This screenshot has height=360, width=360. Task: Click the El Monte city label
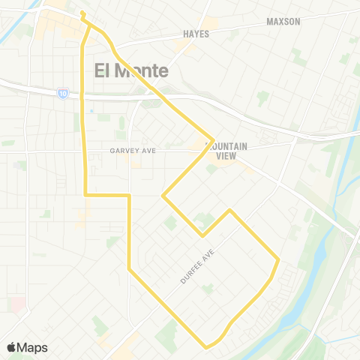point(131,71)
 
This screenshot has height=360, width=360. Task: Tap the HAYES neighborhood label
point(196,34)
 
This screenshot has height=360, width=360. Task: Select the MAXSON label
point(283,21)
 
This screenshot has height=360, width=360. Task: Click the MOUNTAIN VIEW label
point(222,151)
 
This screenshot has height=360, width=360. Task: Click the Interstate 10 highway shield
point(61,92)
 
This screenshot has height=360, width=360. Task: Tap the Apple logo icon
point(12,347)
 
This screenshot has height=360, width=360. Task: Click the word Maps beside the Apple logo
point(32,347)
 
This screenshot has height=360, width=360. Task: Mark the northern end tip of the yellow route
point(82,13)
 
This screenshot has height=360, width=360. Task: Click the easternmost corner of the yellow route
point(278,260)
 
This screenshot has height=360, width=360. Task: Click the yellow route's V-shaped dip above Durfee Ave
point(202,235)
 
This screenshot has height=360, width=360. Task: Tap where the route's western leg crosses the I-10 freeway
point(82,96)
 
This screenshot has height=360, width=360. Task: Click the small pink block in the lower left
point(17,304)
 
